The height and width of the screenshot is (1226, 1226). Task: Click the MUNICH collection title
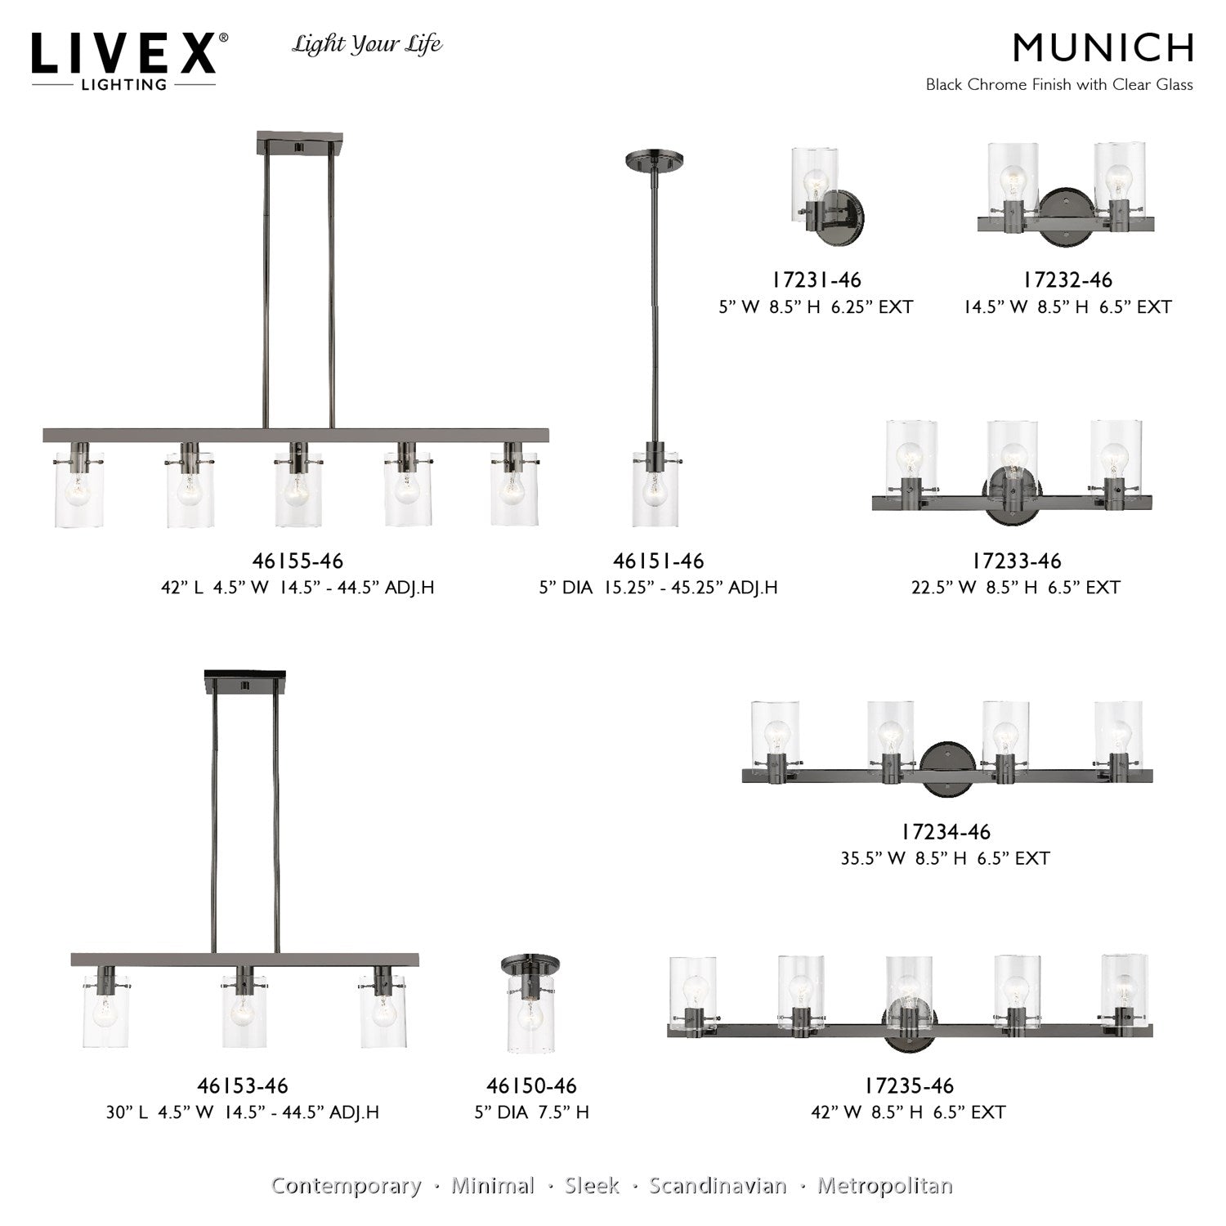tap(1103, 48)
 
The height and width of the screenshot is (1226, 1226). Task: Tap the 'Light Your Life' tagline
tap(367, 45)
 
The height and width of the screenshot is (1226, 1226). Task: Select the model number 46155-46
tap(298, 561)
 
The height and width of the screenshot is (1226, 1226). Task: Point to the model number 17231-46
tap(817, 280)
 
